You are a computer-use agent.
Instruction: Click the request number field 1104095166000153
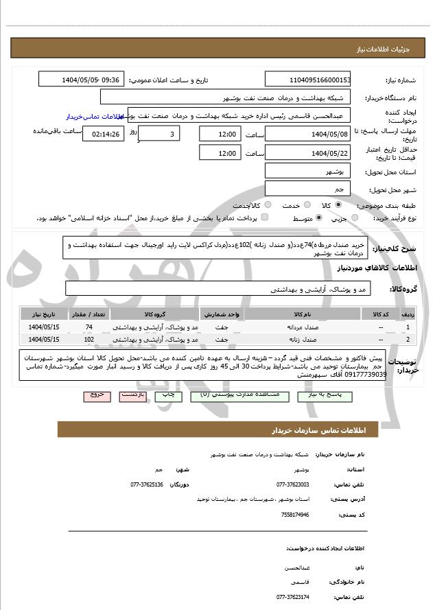click(x=307, y=80)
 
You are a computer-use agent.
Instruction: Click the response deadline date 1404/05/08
click(x=307, y=134)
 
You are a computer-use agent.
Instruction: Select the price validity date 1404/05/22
click(x=307, y=153)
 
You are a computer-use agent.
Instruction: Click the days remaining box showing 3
click(x=161, y=134)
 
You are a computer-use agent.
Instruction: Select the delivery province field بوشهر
click(x=307, y=170)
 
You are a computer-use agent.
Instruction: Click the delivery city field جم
click(x=307, y=188)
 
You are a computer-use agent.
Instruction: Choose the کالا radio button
click(x=338, y=205)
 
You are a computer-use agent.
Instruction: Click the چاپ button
click(x=166, y=396)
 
